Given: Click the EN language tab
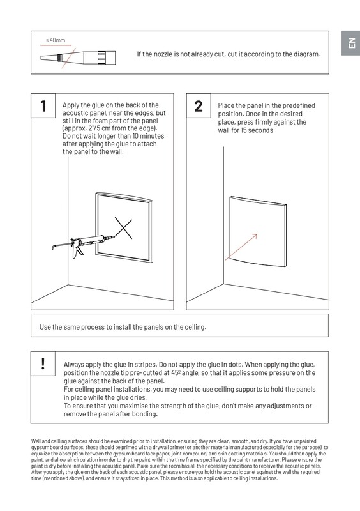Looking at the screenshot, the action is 350,43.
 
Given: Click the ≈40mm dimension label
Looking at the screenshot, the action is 56,40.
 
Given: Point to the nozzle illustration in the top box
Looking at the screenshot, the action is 78,57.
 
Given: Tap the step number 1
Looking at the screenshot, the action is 43,106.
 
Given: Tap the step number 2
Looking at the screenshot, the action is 198,106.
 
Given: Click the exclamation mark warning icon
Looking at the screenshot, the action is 43,363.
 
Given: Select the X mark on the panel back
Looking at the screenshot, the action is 123,228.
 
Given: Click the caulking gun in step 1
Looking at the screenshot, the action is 83,245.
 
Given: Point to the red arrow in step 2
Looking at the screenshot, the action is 241,247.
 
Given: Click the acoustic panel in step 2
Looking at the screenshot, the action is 258,232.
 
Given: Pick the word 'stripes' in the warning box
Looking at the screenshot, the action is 144,364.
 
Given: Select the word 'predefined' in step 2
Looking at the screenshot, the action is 299,105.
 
